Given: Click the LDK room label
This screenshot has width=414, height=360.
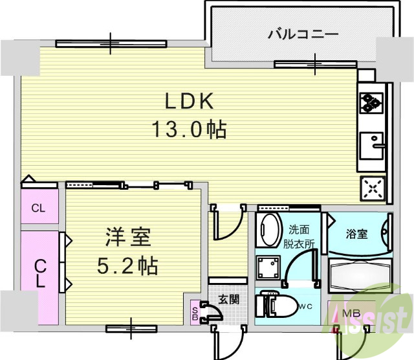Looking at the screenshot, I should point(189,102).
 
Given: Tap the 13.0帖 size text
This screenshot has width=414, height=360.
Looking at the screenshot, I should point(189,129).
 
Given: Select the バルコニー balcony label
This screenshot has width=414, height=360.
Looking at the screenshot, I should point(303,33).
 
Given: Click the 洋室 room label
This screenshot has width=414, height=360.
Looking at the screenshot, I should point(128,238).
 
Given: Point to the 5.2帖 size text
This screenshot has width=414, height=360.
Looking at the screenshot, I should point(128,265).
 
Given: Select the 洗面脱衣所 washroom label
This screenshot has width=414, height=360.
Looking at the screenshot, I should point(301,236).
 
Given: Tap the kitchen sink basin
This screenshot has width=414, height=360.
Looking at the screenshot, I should point(371,142).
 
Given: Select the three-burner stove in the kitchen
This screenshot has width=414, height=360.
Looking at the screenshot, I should point(371,102).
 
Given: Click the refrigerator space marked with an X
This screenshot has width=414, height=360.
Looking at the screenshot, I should point(372,188).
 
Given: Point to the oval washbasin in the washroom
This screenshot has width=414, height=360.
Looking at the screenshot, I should point(268,229).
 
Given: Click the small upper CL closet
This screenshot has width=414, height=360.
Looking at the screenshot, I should point(39,208).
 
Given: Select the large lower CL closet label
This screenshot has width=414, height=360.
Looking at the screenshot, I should point(40,273).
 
